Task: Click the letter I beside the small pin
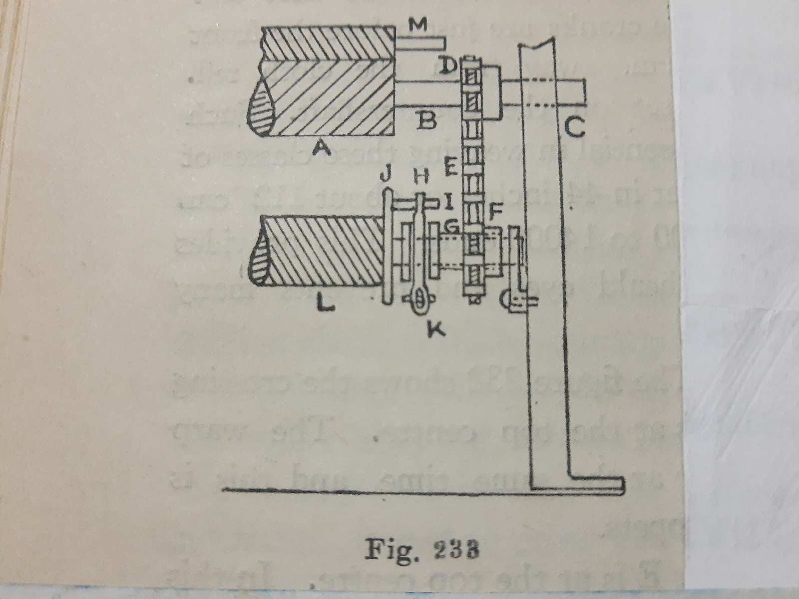[x=447, y=202]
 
